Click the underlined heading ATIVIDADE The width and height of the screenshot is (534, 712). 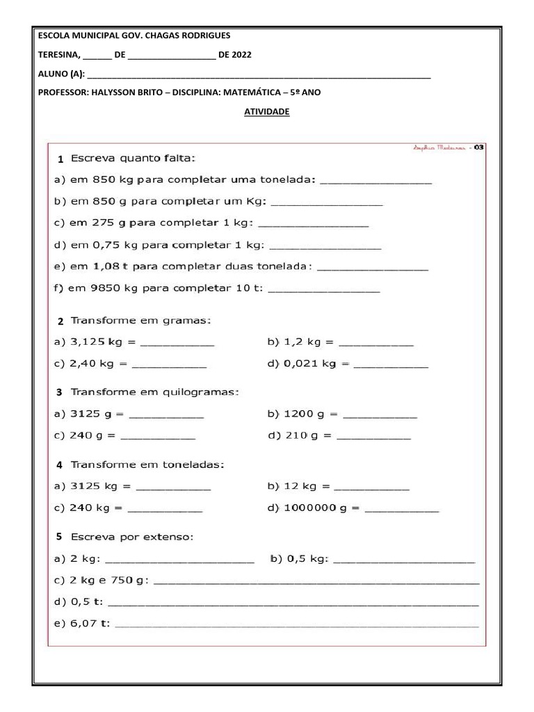(266, 111)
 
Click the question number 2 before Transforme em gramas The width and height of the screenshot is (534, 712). (60, 321)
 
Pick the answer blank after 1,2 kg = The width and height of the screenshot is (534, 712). (375, 342)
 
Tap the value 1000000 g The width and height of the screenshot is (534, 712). (317, 508)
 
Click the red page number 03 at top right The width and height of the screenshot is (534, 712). (478, 147)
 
